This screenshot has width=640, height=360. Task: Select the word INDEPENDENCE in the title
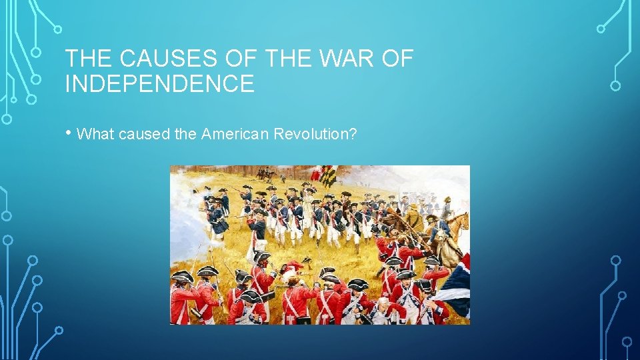[x=159, y=84]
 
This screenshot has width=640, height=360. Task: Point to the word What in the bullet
[x=96, y=134]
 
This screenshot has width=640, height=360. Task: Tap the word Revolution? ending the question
[x=312, y=134]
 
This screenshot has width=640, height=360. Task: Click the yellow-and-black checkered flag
[x=328, y=176]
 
